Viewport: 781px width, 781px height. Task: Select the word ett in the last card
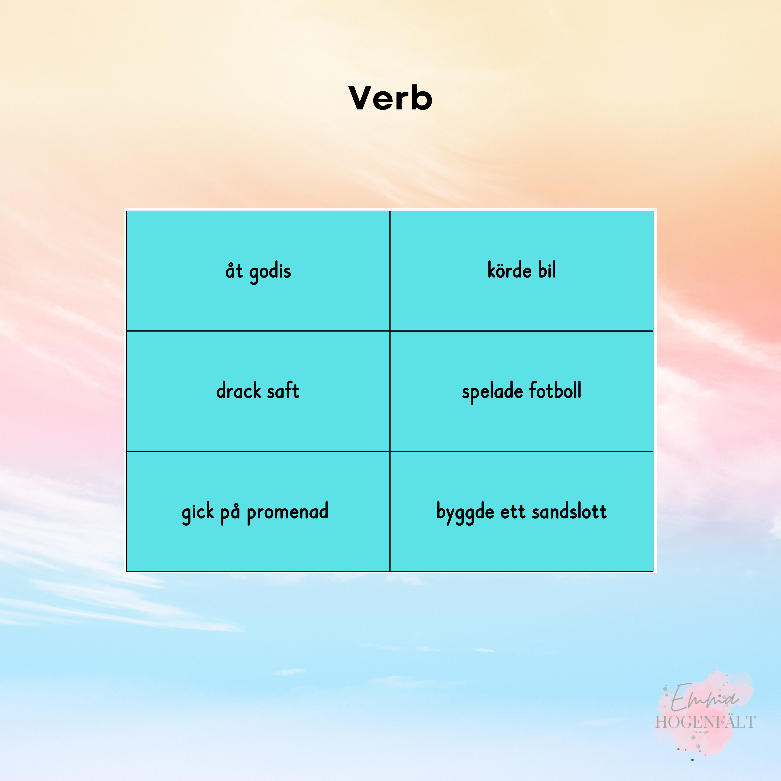pyautogui.click(x=513, y=512)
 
